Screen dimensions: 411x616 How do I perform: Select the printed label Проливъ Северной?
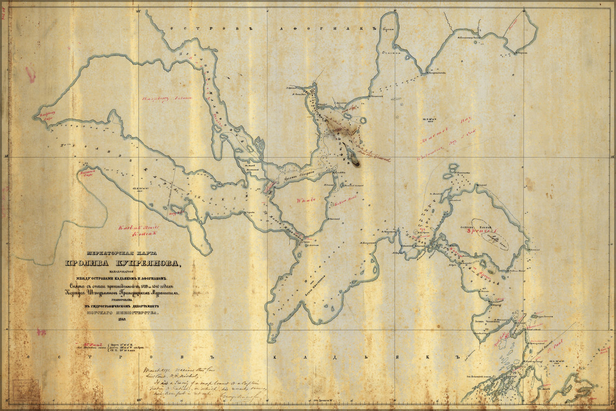click(x=299, y=177)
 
